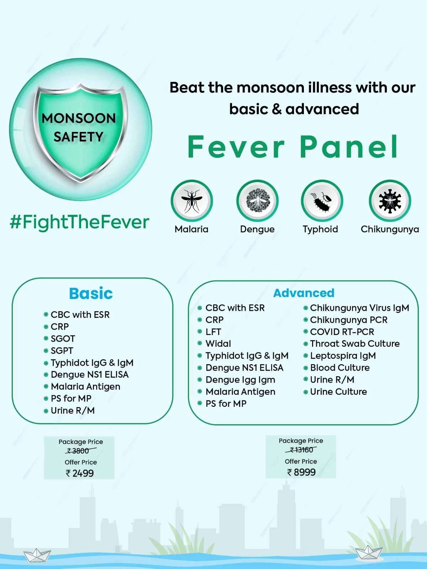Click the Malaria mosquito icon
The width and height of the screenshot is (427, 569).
191,201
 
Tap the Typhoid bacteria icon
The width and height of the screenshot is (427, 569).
322,201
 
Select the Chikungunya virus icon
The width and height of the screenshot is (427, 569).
390,201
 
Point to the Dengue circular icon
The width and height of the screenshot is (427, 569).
257,201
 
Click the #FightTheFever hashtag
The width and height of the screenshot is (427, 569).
80,222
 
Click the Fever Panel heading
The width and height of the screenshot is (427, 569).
292,147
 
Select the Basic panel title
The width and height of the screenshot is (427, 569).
91,294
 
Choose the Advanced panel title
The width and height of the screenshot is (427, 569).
304,293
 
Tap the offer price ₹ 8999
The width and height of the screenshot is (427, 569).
301,472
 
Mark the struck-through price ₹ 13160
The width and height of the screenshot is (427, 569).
301,450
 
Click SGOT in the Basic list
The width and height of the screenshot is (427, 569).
63,339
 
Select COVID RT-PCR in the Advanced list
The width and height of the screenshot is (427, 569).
342,332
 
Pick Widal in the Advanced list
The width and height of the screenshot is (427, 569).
218,344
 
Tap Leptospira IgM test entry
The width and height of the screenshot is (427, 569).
343,356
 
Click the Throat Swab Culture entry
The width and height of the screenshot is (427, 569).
355,344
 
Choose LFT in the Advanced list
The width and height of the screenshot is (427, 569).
213,332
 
